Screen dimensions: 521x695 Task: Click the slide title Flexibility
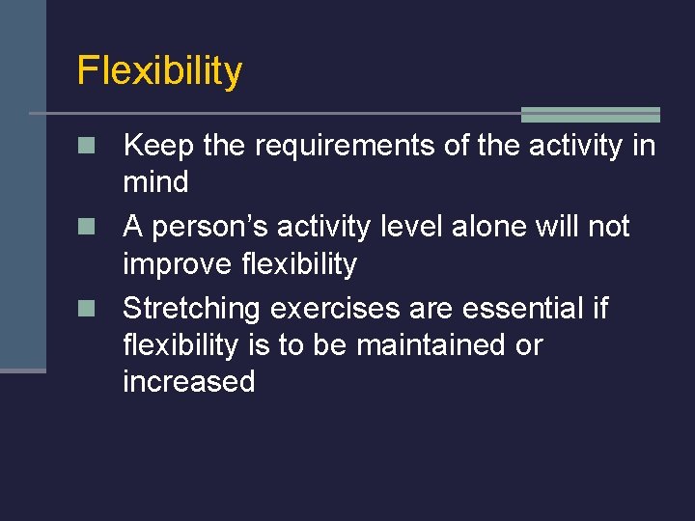(159, 70)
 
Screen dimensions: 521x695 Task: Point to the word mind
(155, 181)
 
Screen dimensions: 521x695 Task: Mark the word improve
(180, 264)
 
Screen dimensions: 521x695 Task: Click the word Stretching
(192, 309)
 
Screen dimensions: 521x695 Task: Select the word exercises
(334, 309)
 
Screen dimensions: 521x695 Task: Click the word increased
(188, 381)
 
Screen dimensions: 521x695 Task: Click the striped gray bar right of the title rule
(590, 114)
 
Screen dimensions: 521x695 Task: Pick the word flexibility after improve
(299, 264)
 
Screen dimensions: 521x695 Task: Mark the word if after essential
(598, 309)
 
